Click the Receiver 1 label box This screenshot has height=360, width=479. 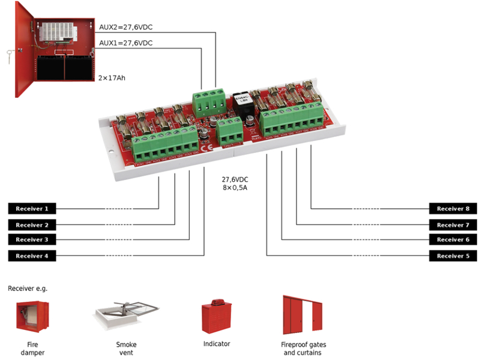click(32, 209)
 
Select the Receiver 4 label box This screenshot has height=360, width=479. click(32, 256)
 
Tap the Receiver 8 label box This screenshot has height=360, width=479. click(453, 209)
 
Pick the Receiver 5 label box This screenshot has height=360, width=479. click(453, 256)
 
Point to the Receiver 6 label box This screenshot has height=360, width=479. click(453, 240)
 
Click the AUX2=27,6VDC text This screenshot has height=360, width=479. click(125, 28)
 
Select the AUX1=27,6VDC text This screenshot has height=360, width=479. click(125, 43)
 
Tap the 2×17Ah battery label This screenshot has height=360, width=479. click(112, 78)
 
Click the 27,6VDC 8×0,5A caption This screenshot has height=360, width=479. click(235, 183)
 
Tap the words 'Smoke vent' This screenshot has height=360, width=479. click(126, 349)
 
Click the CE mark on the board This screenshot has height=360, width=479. click(205, 149)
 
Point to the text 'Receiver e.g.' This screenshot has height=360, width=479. click(28, 289)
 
